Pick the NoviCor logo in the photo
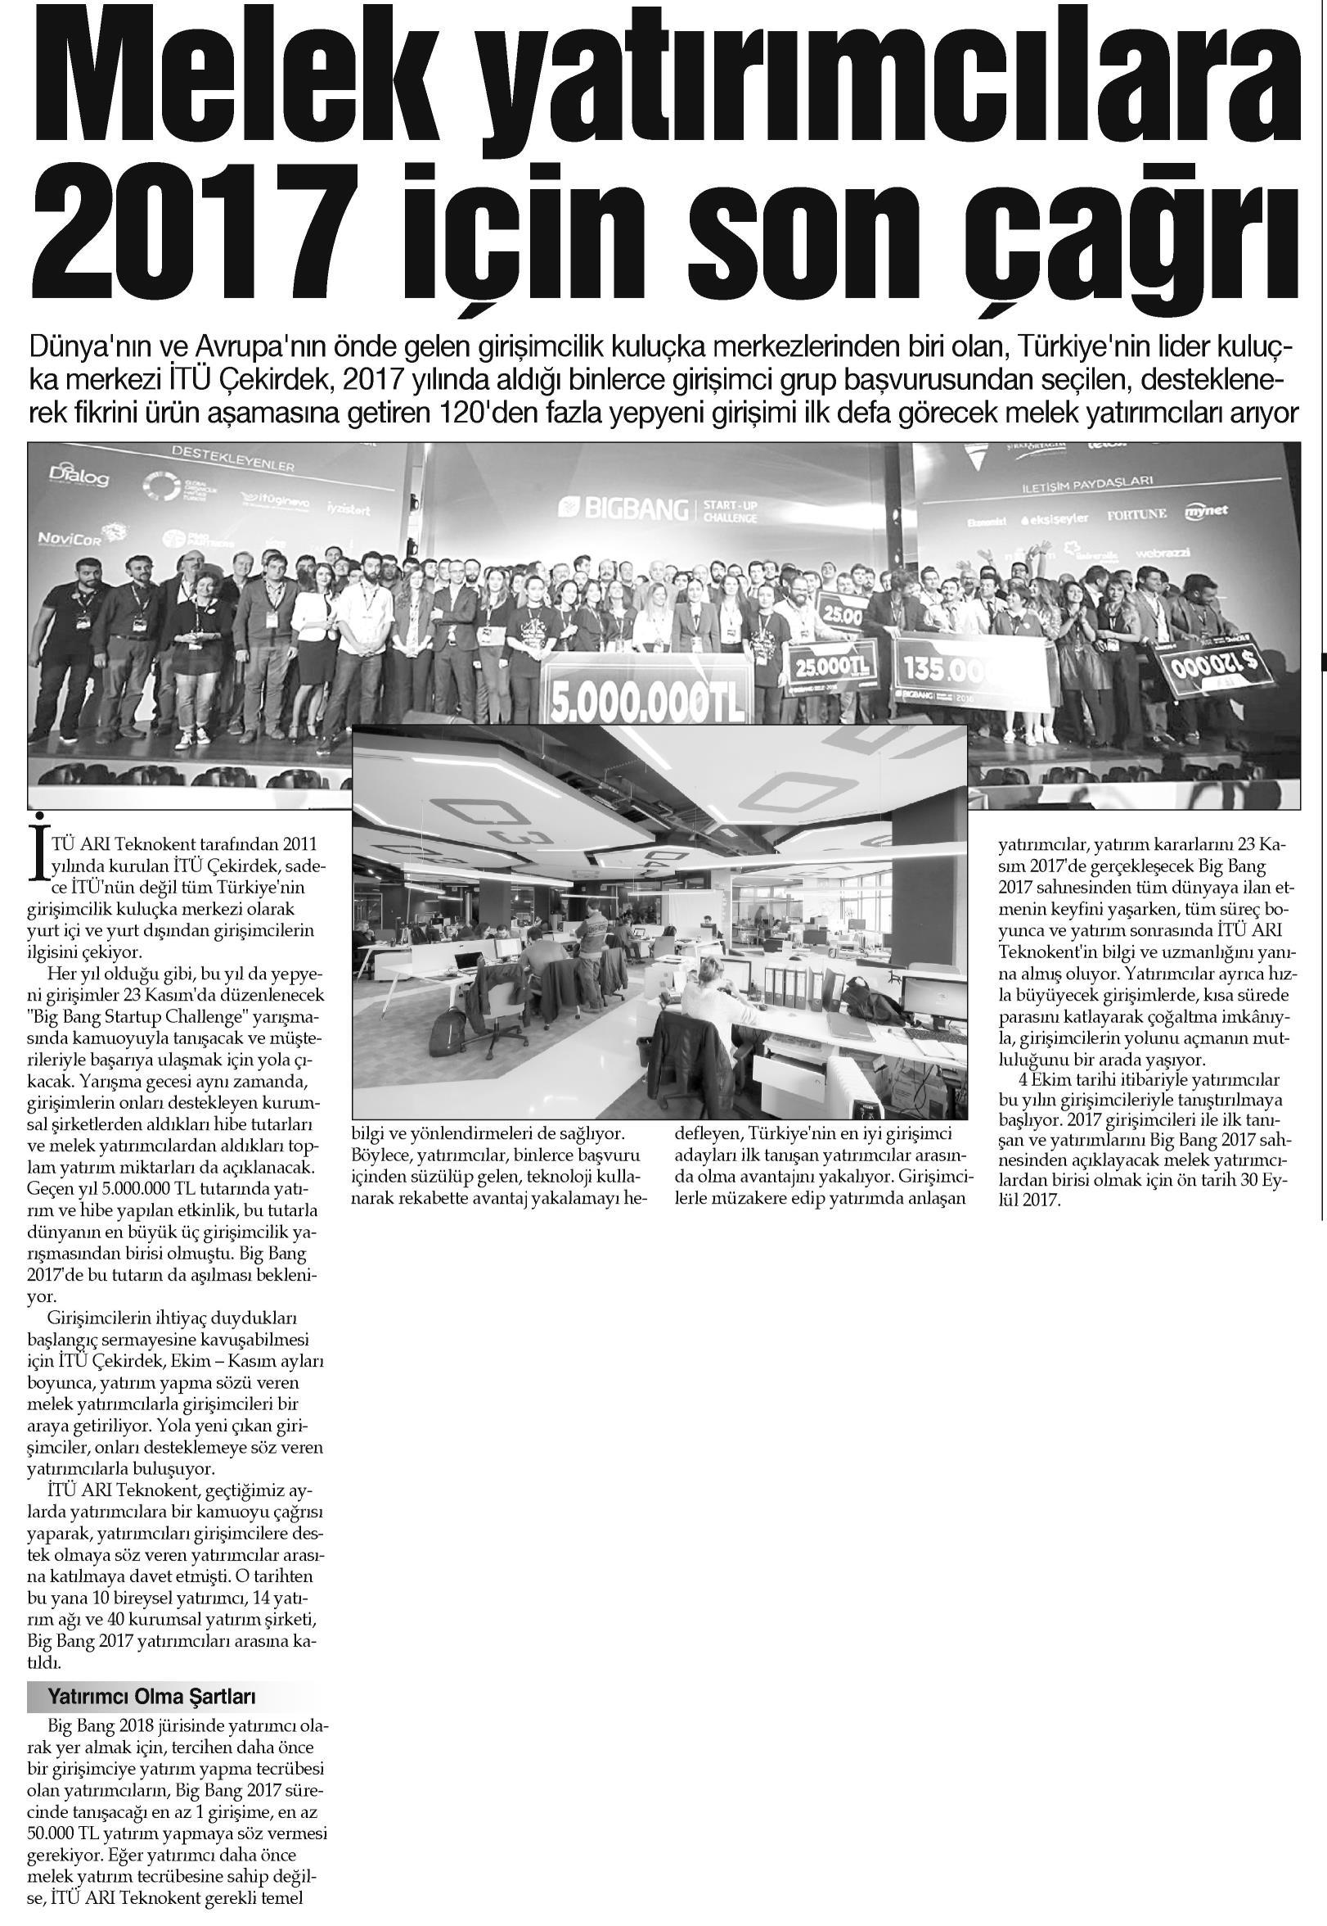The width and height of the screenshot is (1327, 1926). pyautogui.click(x=74, y=537)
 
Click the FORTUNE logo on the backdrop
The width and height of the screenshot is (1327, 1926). pyautogui.click(x=1136, y=515)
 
